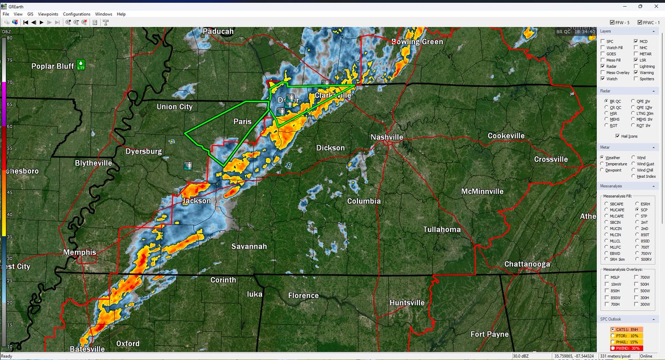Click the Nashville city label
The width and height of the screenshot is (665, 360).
[x=387, y=137]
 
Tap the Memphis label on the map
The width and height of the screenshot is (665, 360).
[x=79, y=253]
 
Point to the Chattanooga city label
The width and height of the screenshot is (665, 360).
[x=527, y=264]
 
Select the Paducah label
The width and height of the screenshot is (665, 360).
[x=218, y=32]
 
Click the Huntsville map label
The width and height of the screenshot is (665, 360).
[x=407, y=302]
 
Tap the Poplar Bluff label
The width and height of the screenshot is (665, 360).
[x=53, y=66]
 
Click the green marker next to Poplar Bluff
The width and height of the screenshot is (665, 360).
[x=81, y=64]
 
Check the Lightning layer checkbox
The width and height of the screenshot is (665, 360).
[x=636, y=66]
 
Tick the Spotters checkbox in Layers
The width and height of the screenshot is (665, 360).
[x=636, y=79]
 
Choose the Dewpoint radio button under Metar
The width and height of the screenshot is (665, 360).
[x=603, y=170]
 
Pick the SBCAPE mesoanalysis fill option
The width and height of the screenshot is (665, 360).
[x=606, y=204]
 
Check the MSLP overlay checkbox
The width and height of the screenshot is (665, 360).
[x=606, y=277]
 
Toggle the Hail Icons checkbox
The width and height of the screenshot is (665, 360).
[x=617, y=136]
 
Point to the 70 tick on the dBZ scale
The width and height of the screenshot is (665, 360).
[x=9, y=83]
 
